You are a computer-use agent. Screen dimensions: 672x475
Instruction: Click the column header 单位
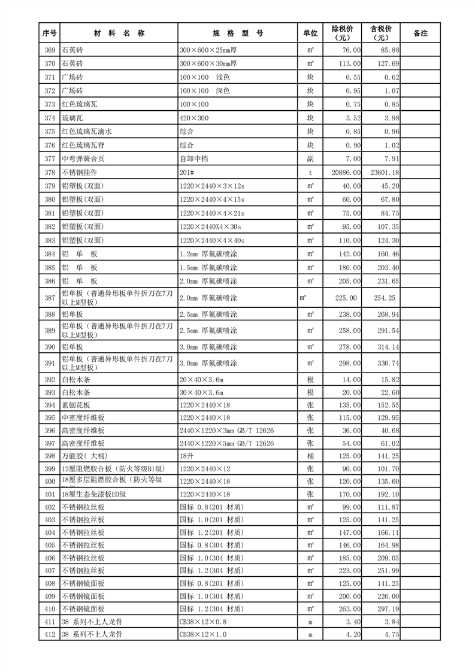[310, 34]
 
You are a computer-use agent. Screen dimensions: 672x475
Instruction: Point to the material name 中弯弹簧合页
[82, 159]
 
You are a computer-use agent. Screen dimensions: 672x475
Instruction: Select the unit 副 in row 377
[310, 159]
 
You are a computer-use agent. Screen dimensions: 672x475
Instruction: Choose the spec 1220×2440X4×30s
[210, 226]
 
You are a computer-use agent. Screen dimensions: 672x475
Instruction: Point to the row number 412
[50, 634]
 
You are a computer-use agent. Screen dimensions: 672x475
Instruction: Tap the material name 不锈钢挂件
[78, 172]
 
